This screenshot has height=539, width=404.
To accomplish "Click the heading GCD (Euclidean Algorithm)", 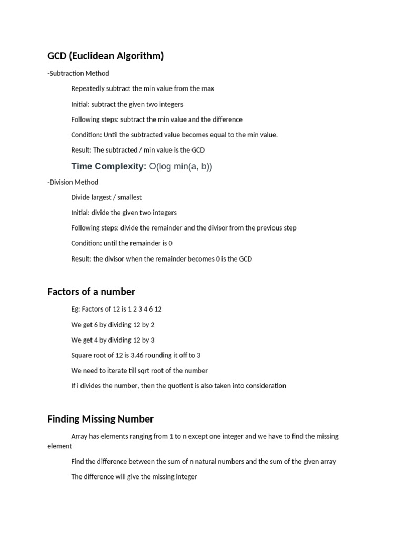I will tap(105, 56).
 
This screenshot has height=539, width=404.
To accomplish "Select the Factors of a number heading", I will tap(91, 292).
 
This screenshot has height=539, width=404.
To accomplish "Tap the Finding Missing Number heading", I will tap(100, 419).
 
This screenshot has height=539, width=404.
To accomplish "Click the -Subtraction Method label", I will tap(78, 73).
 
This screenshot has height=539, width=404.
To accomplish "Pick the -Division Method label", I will tap(73, 182).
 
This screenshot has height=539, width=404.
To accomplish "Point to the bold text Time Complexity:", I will tap(108, 166).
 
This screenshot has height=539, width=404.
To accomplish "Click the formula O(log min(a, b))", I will tap(180, 166).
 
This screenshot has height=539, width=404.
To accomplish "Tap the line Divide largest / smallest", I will tap(106, 197).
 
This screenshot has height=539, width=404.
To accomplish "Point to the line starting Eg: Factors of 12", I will tap(116, 309).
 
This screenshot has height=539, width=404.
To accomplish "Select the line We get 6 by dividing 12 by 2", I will tap(113, 325).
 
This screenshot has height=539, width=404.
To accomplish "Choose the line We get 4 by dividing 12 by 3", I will tap(113, 340).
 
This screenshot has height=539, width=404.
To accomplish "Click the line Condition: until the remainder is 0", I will tap(122, 243).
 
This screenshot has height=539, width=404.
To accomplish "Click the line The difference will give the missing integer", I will tap(134, 477).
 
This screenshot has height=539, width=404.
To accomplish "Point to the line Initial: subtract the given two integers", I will tap(127, 104).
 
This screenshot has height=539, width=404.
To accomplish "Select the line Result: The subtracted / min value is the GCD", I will tap(138, 150).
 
